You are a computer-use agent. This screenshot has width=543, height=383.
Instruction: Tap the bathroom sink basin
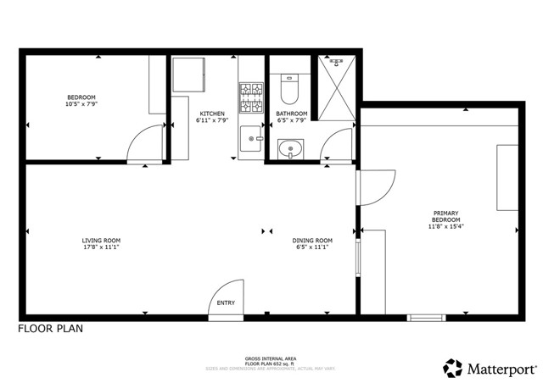[x=291, y=150]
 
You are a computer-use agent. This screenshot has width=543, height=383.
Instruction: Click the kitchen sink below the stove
[x=251, y=136]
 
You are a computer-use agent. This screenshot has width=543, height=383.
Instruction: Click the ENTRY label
[x=226, y=303]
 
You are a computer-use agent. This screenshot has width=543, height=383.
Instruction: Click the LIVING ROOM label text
[x=101, y=240]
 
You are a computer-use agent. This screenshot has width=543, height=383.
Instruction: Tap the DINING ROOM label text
[x=311, y=240]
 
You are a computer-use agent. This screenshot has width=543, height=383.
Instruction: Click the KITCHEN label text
[x=212, y=114]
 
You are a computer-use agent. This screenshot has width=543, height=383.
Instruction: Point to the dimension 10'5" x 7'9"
[x=82, y=104]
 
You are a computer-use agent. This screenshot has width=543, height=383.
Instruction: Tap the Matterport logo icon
[x=452, y=369]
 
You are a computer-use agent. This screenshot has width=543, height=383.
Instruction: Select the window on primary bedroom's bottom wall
[x=425, y=318]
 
